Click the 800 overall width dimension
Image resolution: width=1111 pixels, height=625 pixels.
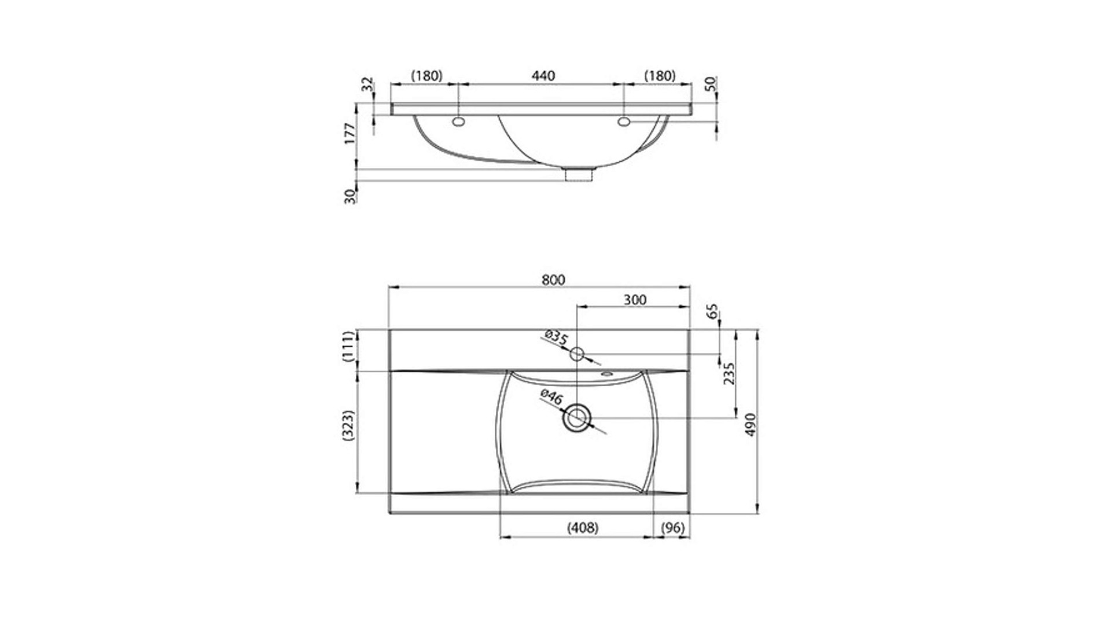[553, 280]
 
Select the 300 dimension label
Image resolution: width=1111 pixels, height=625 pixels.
[635, 300]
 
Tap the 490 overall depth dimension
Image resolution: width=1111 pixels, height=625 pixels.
[751, 424]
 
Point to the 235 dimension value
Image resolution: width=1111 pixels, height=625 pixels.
[729, 374]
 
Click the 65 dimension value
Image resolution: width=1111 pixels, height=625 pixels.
[713, 312]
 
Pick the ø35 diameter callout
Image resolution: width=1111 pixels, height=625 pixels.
[556, 338]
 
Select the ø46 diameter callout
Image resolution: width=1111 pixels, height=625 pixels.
[551, 397]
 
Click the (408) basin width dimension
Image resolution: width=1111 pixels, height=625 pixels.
[583, 528]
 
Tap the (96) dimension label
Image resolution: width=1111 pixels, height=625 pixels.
[672, 528]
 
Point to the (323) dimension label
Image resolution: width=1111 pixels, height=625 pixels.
[348, 426]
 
